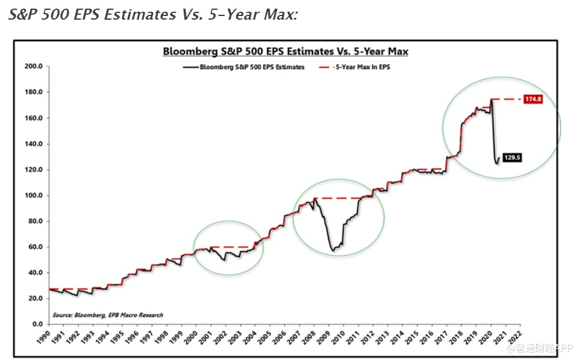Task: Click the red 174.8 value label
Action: click(x=532, y=99)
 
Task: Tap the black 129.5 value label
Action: click(x=513, y=158)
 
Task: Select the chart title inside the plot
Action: click(x=286, y=52)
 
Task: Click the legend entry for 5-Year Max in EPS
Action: click(x=357, y=67)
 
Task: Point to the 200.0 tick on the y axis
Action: click(x=33, y=66)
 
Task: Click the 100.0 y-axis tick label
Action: click(x=33, y=195)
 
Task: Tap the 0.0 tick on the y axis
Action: click(x=36, y=324)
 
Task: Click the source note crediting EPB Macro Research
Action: click(x=108, y=314)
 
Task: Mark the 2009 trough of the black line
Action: click(x=333, y=250)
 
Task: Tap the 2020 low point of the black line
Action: click(x=497, y=164)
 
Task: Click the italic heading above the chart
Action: click(x=153, y=14)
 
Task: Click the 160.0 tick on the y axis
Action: click(x=33, y=118)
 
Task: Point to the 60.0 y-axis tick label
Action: click(x=34, y=247)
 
